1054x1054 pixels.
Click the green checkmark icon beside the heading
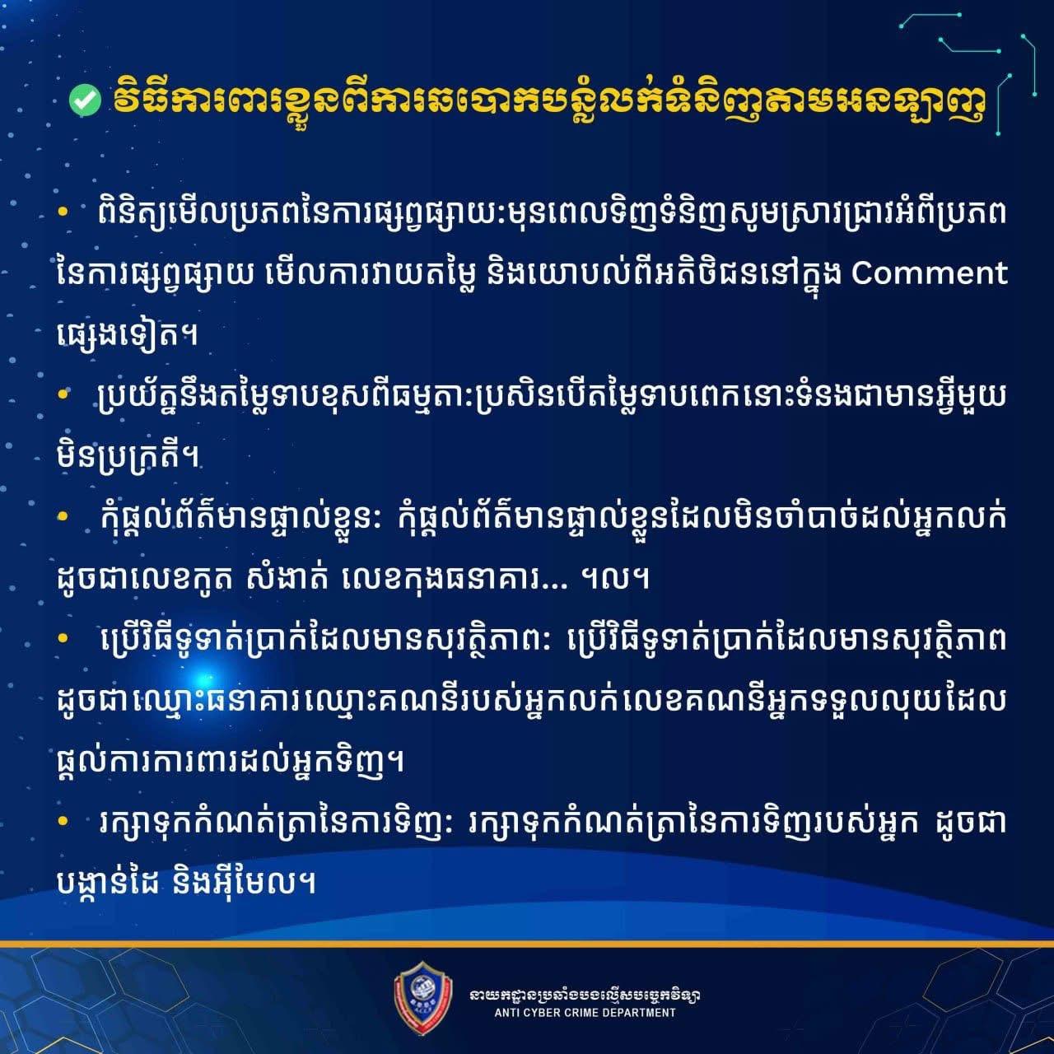(85, 101)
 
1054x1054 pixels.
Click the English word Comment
(929, 273)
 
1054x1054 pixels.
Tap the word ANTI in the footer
(506, 1013)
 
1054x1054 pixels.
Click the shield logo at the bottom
(423, 996)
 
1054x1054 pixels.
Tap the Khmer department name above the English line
(585, 994)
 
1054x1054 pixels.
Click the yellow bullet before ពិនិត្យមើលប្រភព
(63, 212)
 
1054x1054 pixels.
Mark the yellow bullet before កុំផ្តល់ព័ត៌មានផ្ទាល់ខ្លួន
(63, 515)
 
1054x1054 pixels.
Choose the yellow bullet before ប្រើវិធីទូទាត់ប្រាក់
(63, 637)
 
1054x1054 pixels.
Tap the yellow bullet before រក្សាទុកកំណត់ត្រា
(63, 820)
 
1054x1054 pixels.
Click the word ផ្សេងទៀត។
(127, 333)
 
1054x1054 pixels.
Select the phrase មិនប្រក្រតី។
(128, 456)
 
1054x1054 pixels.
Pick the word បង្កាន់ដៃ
(109, 882)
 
